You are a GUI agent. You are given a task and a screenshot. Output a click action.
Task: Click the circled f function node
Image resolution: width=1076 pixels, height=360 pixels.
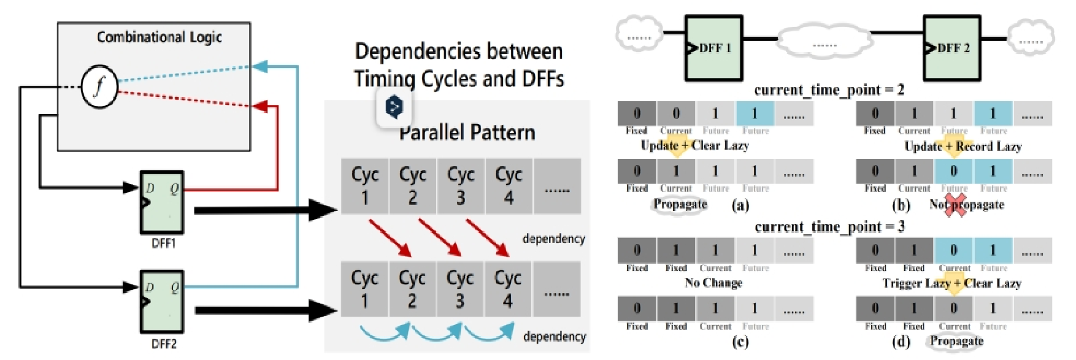[x=99, y=86]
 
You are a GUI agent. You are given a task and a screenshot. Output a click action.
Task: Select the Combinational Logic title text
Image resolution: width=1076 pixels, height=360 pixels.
[x=159, y=37]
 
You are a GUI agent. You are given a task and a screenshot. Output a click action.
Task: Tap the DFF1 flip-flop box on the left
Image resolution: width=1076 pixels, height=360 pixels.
[x=162, y=202]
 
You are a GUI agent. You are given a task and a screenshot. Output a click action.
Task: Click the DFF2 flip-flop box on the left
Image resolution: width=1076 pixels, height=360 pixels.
[x=162, y=302]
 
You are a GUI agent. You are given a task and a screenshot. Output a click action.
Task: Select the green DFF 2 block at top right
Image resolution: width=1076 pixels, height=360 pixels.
[x=952, y=48]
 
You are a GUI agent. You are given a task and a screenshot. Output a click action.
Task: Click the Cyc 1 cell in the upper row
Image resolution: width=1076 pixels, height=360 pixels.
[x=365, y=186]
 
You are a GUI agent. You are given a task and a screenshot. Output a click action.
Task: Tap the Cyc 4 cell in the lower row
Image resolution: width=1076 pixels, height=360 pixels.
[x=508, y=289]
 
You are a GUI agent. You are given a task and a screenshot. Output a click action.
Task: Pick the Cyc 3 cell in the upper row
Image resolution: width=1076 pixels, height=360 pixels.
[x=461, y=186]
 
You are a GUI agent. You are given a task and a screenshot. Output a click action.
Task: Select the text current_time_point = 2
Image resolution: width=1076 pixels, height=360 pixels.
[x=829, y=90]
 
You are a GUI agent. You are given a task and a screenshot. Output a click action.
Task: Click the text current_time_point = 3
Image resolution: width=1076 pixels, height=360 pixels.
[x=829, y=227]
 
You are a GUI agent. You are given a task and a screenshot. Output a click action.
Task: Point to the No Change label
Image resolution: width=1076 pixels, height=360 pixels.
[x=713, y=283]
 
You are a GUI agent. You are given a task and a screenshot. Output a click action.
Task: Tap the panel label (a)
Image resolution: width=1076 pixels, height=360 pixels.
[x=740, y=205]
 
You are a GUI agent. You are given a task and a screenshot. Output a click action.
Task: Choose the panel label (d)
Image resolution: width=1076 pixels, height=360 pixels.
[x=901, y=341]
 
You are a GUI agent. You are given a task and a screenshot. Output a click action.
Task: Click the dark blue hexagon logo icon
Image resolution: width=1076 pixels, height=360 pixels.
[x=394, y=107]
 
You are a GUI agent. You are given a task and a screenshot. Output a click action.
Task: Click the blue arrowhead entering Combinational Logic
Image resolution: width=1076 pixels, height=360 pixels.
[x=260, y=66]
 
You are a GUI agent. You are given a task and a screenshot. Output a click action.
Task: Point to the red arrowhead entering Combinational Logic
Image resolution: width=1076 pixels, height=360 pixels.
[x=260, y=106]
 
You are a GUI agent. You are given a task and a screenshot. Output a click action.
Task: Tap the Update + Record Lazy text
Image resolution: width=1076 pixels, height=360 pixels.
[x=963, y=146]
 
